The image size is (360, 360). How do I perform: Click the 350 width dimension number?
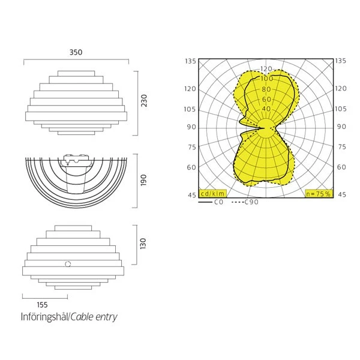click(x=76, y=52)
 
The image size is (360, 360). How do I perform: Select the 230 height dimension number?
click(x=144, y=101)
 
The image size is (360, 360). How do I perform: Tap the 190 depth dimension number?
click(x=143, y=180)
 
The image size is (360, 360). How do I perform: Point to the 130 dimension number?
click(x=143, y=244)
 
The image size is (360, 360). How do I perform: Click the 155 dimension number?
click(x=42, y=305)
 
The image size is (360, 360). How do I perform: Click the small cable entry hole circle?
click(x=68, y=264)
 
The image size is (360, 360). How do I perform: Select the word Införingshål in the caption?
click(x=45, y=317)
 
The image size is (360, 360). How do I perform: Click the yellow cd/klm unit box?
click(x=212, y=194)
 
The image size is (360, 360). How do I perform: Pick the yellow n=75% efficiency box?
click(x=319, y=194)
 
